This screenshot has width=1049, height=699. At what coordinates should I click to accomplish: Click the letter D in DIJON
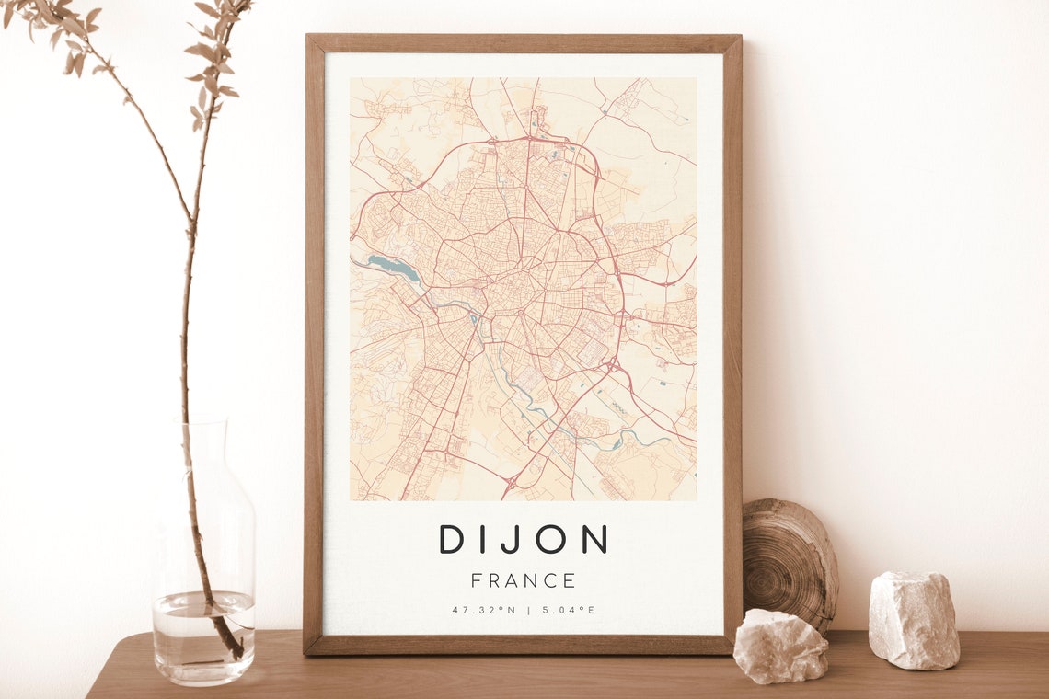coord(452,539)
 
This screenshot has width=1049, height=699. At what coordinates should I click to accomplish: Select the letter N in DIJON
coord(594,539)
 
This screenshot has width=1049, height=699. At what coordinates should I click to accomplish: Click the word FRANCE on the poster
coord(523,581)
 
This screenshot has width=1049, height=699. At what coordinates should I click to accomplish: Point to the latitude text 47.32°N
coord(483,610)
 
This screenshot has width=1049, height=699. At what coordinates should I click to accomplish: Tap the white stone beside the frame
coord(779,647)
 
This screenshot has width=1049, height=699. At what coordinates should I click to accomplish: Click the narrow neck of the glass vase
coord(203,451)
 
